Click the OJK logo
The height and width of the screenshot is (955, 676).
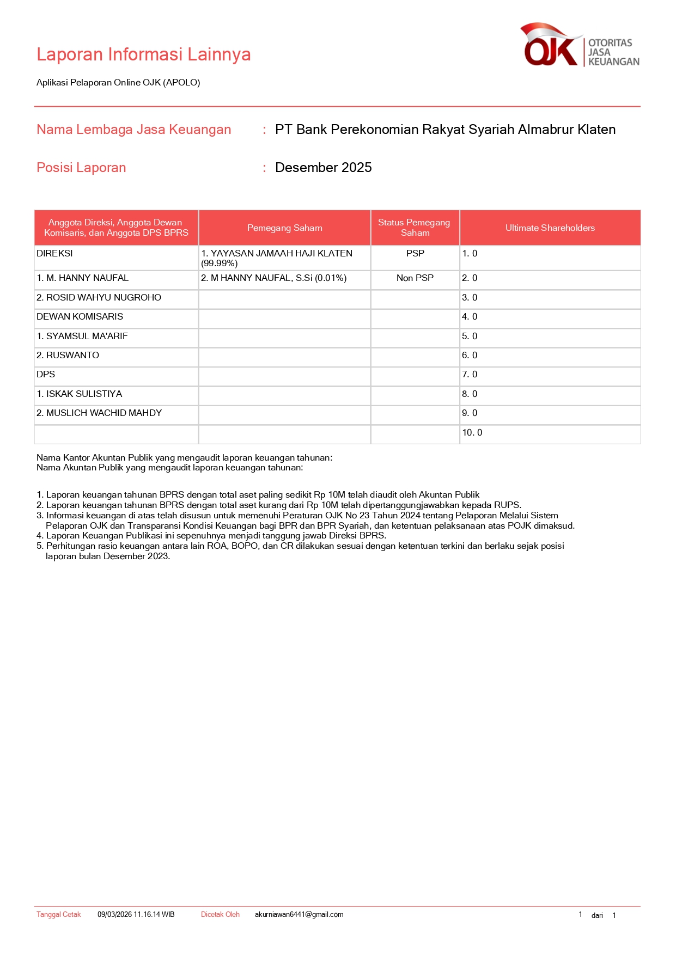pyautogui.click(x=580, y=46)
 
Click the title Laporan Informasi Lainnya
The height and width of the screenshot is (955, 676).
pyautogui.click(x=143, y=54)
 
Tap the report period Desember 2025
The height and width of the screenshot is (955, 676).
pyautogui.click(x=323, y=168)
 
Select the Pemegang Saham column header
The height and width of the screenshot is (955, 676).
pyautogui.click(x=284, y=228)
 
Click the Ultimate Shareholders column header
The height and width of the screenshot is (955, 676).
pyautogui.click(x=550, y=228)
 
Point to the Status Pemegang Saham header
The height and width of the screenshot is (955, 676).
pyautogui.click(x=415, y=228)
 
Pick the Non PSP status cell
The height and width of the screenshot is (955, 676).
pyautogui.click(x=415, y=278)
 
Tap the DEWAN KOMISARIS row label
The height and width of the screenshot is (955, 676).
pyautogui.click(x=80, y=317)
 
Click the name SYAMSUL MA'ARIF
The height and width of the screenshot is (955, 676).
pyautogui.click(x=82, y=336)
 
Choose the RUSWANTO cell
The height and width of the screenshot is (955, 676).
pyautogui.click(x=68, y=356)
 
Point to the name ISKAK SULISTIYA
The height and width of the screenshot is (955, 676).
pyautogui.click(x=79, y=394)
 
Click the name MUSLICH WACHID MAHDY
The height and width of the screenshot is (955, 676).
pyautogui.click(x=99, y=413)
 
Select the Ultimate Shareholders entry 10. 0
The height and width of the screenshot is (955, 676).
pyautogui.click(x=472, y=433)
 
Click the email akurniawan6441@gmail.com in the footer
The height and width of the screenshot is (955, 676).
pyautogui.click(x=299, y=915)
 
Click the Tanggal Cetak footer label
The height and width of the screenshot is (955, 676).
pyautogui.click(x=58, y=915)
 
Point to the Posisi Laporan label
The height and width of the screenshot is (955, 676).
pyautogui.click(x=81, y=168)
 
